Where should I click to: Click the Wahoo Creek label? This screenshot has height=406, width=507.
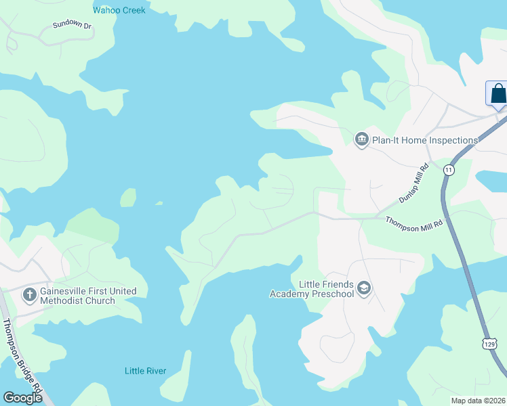pyautogui.click(x=119, y=10)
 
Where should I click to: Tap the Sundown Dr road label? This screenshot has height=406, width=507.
pyautogui.click(x=73, y=26)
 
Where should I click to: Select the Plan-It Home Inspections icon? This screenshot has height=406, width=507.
pyautogui.click(x=361, y=139)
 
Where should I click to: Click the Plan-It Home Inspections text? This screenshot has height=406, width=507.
pyautogui.click(x=424, y=140)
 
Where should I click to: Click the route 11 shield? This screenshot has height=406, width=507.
pyautogui.click(x=448, y=169)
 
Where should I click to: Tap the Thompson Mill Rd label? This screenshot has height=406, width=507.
pyautogui.click(x=413, y=223)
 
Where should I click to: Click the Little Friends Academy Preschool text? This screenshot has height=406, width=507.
pyautogui.click(x=312, y=289)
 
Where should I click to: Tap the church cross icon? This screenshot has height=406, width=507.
pyautogui.click(x=29, y=295)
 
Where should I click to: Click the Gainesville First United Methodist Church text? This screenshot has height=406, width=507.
pyautogui.click(x=87, y=296)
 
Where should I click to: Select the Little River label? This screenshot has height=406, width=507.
pyautogui.click(x=145, y=371)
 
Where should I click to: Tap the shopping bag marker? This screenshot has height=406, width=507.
pyautogui.click(x=498, y=94)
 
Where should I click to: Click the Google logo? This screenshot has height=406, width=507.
pyautogui.click(x=23, y=398)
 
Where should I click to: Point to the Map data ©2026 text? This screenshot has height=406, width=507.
pyautogui.click(x=478, y=401)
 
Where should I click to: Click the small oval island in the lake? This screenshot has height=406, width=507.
pyautogui.click(x=128, y=197)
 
